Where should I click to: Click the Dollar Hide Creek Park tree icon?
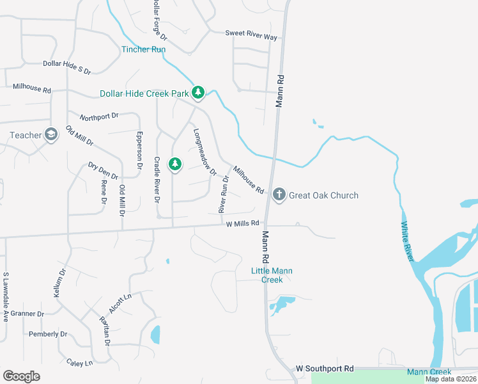pos(198,93)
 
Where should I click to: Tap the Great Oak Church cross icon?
pos(279,195)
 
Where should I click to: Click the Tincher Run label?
pos(144,49)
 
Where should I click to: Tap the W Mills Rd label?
pos(242,223)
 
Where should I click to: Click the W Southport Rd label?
pos(325,369)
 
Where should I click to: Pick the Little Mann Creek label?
pos(272,275)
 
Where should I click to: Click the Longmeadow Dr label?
pos(205,152)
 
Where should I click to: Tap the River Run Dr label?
pos(224,194)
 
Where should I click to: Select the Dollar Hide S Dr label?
pos(67,63)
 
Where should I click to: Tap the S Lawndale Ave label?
pos(6,296)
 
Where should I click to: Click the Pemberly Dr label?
pos(48,334)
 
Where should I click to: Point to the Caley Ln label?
pos(79,363)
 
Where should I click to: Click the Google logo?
pos(21,376)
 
